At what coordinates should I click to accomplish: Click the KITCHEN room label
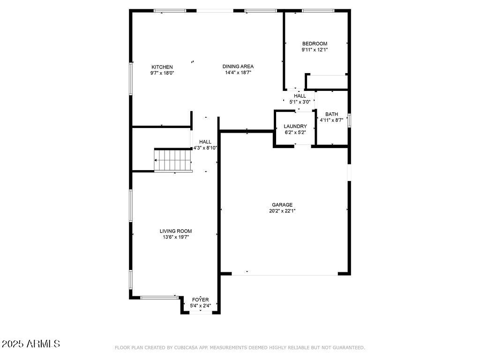point(162,67)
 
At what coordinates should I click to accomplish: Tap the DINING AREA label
point(238,67)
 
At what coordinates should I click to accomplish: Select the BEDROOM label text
point(315,44)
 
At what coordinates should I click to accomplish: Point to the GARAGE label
point(282,205)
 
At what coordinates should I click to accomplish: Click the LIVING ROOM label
point(176,231)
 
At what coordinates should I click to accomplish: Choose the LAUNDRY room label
point(295,127)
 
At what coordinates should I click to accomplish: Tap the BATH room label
point(331,114)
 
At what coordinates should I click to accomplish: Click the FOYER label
point(200,300)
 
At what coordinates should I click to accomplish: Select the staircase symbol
point(173,160)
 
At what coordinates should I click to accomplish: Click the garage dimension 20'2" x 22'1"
point(282,211)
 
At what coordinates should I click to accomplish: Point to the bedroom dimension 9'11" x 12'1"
point(315,50)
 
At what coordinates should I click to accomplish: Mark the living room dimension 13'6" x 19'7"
point(176,237)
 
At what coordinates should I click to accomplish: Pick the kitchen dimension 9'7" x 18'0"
point(162,73)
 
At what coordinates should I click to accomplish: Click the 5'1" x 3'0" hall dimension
point(300,102)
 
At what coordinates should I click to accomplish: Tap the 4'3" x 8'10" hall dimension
point(205,148)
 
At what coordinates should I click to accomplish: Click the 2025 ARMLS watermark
point(31,344)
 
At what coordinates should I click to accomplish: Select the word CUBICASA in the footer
point(185,348)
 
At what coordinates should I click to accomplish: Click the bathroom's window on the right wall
point(349,120)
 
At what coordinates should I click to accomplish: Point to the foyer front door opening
point(200,313)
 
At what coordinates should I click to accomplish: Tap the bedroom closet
point(327,82)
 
